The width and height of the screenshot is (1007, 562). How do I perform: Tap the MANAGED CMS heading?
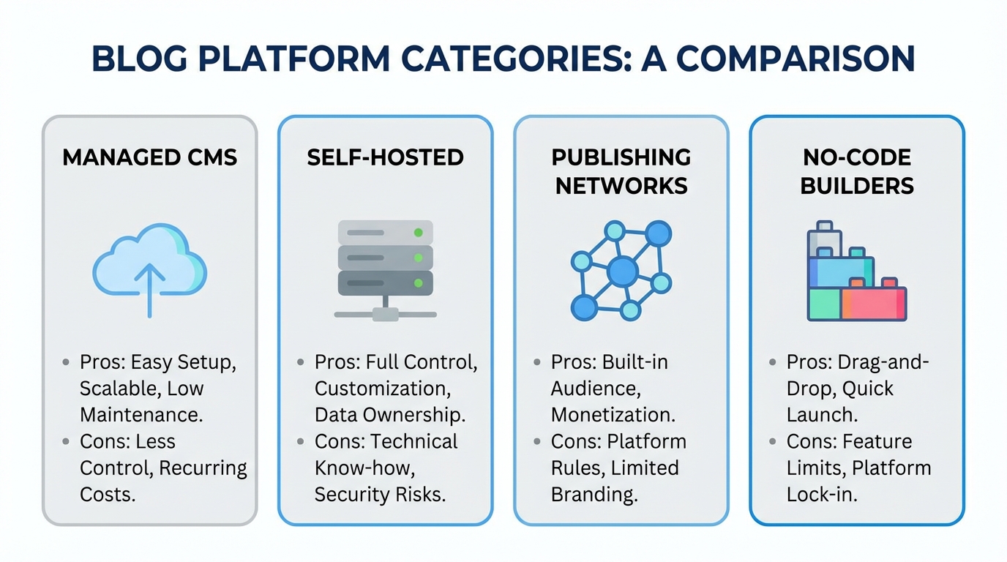pos(150,157)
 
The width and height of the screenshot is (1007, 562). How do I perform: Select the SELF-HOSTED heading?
pos(385,157)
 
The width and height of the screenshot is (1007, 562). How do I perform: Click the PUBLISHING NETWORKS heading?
pos(621,171)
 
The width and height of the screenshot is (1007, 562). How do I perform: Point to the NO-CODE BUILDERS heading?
pos(857,171)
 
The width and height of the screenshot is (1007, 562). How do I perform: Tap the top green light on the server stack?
pos(418,233)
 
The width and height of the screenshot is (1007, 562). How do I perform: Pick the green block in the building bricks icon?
pos(824,304)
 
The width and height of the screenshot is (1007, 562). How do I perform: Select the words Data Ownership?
pos(389,415)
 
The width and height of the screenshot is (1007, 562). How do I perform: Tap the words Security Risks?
pos(380,494)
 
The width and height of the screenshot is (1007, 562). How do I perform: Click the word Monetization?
pos(613,415)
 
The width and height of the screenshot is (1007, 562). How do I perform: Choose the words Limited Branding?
pos(615,481)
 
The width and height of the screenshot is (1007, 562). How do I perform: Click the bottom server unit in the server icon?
pos(385,282)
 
